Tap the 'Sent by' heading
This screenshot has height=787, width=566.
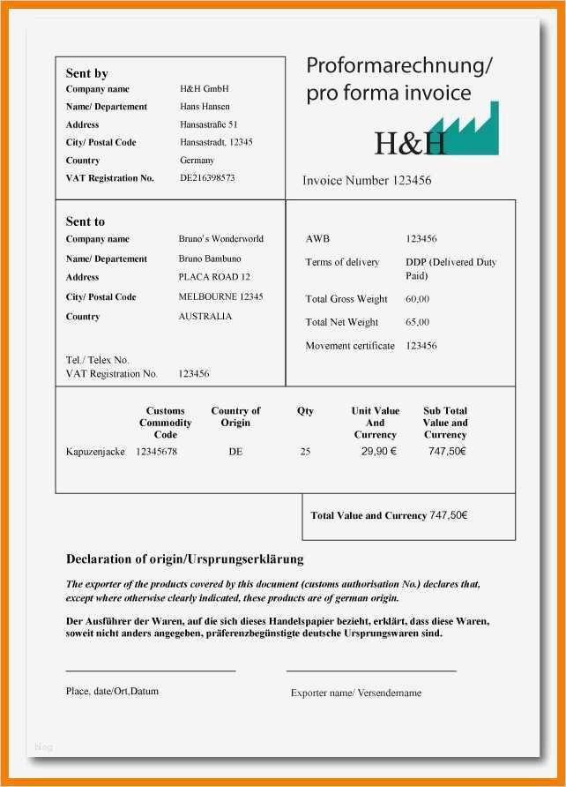[86, 73]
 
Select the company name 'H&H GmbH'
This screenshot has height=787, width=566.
[204, 89]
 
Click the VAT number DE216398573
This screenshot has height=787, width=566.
[207, 178]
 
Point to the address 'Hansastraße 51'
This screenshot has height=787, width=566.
[208, 125]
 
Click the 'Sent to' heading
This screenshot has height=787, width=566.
[85, 221]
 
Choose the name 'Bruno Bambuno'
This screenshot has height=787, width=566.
[209, 259]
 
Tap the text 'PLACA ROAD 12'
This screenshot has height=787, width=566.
[213, 277]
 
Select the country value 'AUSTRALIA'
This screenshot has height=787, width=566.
[205, 316]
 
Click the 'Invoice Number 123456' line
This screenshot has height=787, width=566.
[367, 180]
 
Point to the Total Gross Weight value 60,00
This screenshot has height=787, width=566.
[417, 299]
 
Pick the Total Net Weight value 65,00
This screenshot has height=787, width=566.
[417, 322]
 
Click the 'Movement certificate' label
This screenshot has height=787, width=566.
[349, 346]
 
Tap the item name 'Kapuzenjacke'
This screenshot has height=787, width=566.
[95, 452]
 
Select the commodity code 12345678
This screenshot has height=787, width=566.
[156, 452]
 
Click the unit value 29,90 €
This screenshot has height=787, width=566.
[378, 452]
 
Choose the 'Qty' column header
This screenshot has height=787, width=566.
[305, 411]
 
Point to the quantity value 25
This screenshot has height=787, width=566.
[305, 452]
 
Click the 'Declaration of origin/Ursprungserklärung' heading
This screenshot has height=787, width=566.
[184, 559]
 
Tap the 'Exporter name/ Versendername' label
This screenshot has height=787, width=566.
[355, 693]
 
